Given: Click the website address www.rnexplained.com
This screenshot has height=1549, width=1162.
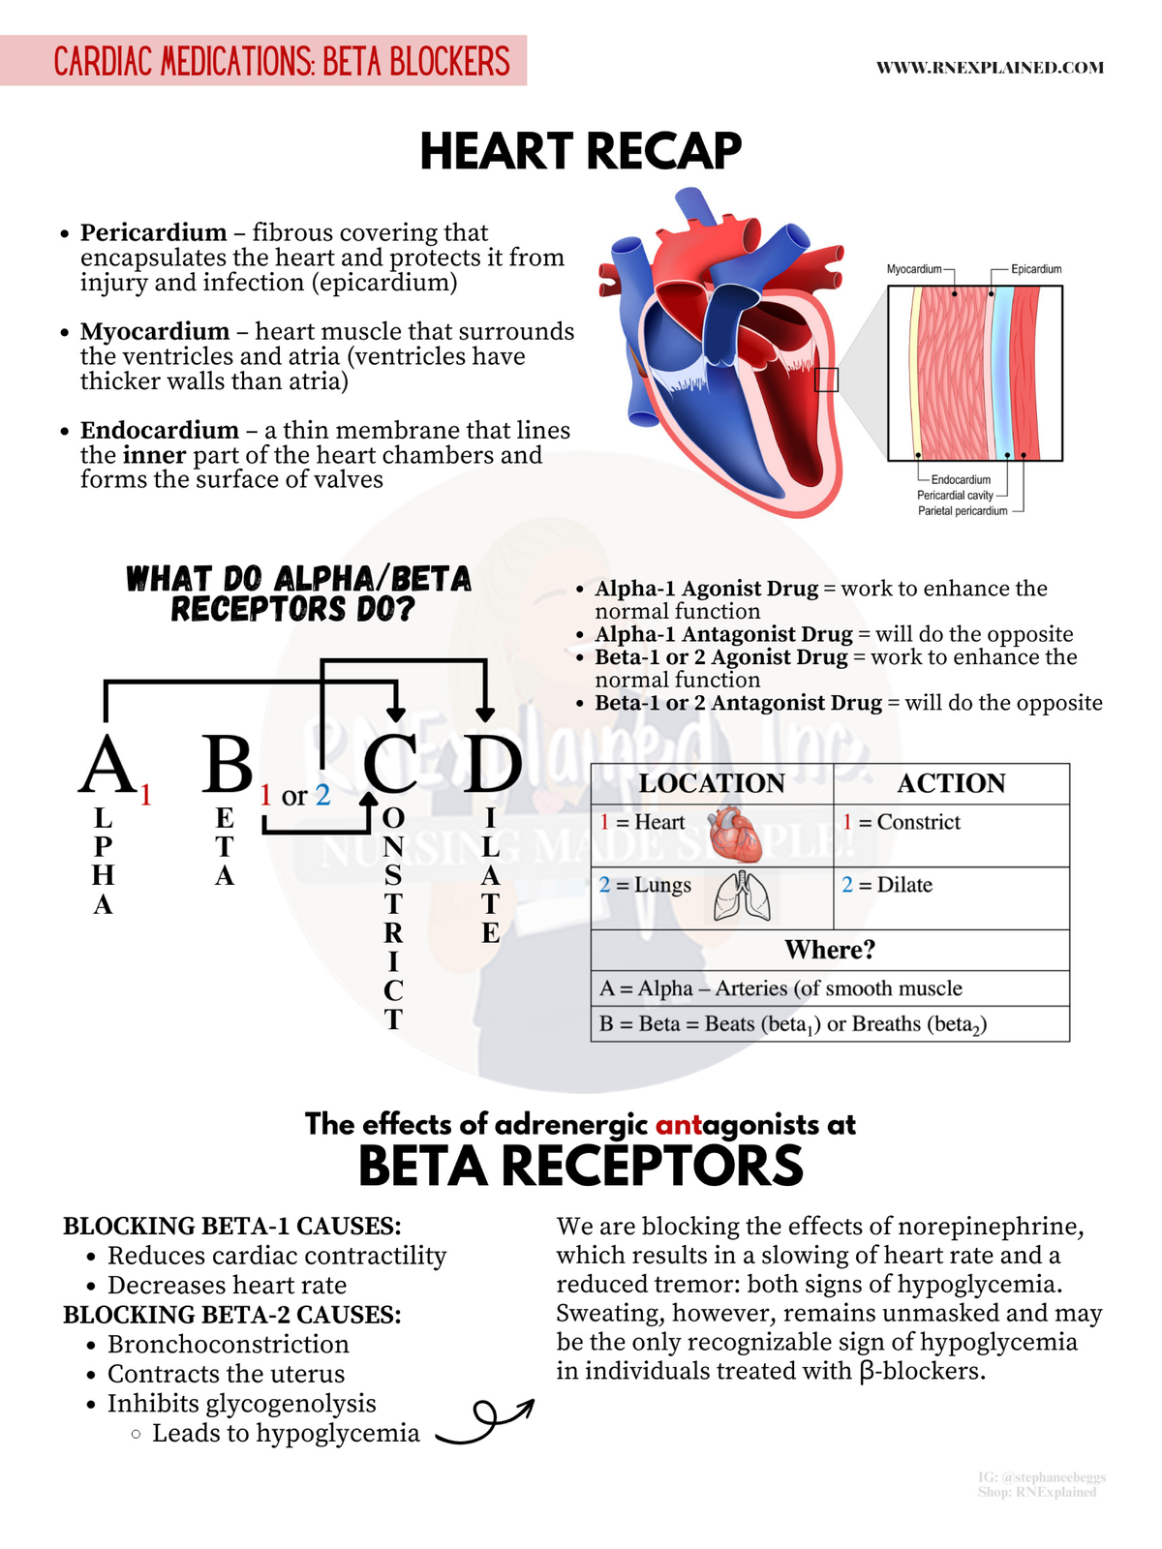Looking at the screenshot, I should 990,68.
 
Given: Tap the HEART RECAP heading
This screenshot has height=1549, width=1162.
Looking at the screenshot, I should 581,152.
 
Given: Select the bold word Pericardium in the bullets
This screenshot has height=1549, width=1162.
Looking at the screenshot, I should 153,233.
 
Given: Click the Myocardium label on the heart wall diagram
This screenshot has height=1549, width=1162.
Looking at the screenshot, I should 914,269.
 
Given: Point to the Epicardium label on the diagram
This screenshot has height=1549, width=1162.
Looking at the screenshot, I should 1036,269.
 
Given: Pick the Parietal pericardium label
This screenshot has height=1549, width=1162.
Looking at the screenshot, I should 963,510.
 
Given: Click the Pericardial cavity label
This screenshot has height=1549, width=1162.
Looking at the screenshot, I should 955,495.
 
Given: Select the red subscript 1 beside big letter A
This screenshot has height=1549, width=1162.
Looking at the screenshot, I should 146,796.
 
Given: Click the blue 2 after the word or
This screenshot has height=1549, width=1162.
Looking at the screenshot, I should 322,795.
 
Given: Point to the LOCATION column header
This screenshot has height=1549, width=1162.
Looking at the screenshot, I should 712,783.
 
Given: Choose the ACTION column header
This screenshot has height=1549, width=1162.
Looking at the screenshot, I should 951,783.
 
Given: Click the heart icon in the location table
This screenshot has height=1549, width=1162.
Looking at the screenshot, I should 736,835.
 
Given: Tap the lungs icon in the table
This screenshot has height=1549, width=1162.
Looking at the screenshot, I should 742,896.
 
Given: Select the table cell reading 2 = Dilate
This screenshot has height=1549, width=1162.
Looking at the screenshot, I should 887,885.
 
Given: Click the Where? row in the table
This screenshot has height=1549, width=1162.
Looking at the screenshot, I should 830,950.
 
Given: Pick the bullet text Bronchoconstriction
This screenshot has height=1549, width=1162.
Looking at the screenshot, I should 229,1345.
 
